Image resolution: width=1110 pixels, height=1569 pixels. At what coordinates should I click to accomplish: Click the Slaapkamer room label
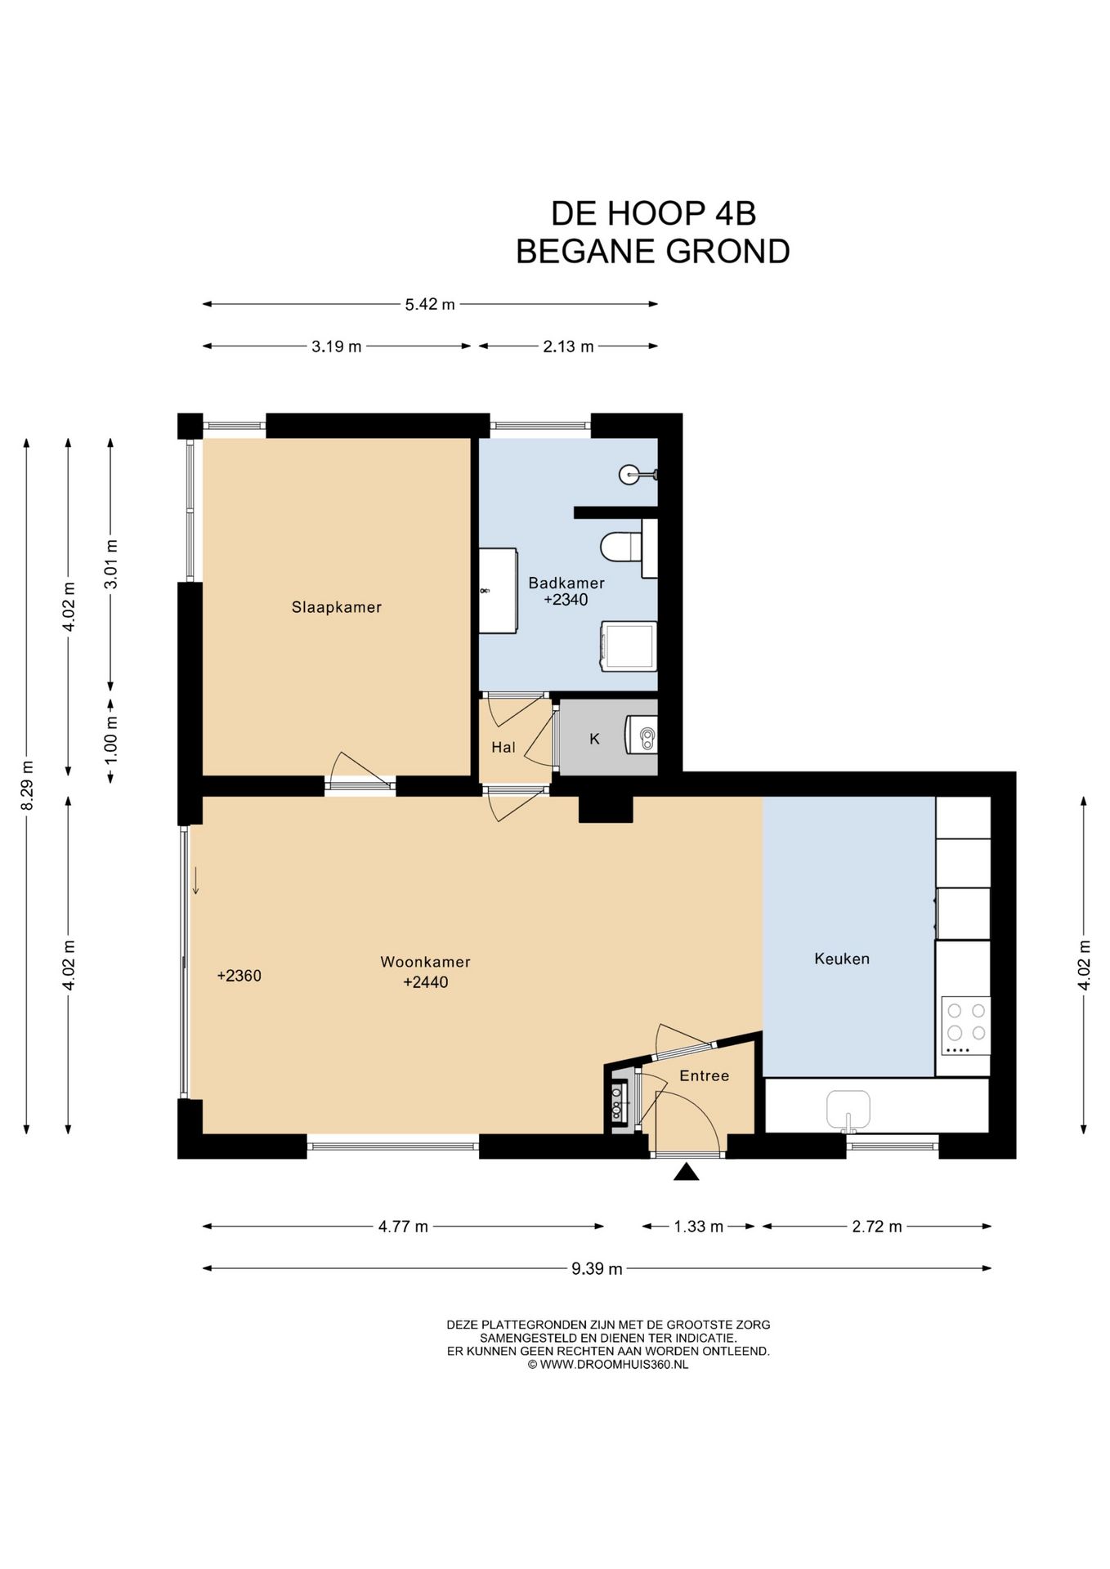(337, 607)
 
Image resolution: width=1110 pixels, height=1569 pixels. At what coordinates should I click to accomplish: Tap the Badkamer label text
(566, 583)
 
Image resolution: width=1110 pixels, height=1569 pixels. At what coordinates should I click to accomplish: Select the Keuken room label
(842, 959)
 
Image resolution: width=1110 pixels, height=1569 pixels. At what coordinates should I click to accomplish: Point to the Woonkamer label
(425, 962)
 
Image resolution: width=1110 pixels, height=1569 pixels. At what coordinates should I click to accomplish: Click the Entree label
(705, 1075)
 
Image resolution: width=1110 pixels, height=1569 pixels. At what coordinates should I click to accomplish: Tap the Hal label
(504, 747)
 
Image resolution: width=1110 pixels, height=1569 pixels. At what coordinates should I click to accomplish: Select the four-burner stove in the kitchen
(965, 1026)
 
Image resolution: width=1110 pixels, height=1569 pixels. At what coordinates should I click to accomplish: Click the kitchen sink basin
(848, 1109)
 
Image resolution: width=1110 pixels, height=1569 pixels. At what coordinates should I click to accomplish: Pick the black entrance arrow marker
(687, 1173)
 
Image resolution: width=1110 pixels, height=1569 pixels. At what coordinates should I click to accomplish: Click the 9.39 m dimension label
(597, 1269)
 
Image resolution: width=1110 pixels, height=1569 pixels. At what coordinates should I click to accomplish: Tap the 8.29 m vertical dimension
(27, 785)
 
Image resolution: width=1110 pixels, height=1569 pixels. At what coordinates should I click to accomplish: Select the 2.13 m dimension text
(568, 346)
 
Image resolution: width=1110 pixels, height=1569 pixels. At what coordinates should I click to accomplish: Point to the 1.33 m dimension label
(698, 1227)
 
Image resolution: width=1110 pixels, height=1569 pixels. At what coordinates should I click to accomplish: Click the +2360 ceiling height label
(239, 976)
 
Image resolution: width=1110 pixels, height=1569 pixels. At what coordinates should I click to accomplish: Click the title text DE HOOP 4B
(653, 213)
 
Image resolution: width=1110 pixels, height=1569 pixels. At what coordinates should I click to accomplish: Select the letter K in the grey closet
(594, 739)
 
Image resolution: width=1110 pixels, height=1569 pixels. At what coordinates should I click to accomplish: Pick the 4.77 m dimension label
(403, 1227)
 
